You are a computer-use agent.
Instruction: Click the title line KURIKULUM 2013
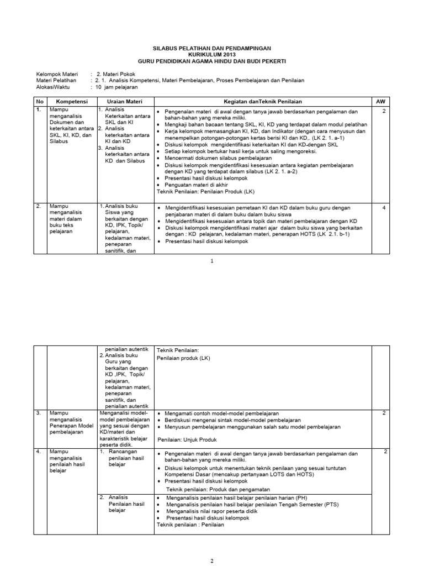click(x=212, y=54)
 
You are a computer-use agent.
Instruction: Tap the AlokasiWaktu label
click(x=55, y=87)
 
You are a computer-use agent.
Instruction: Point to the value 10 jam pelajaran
click(x=118, y=87)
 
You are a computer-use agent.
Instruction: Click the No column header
click(x=39, y=102)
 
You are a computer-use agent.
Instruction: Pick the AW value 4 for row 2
click(x=384, y=207)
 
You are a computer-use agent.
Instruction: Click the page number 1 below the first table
click(x=212, y=261)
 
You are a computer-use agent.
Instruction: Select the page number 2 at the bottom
click(x=212, y=560)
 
